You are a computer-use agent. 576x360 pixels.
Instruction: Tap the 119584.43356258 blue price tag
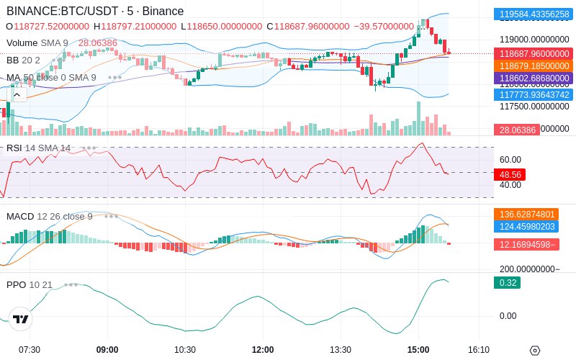(532, 14)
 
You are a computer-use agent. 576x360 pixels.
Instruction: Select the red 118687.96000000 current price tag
(532, 53)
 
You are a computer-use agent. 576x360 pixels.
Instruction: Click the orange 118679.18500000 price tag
(532, 66)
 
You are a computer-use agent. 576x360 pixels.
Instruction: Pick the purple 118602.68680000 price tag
(532, 78)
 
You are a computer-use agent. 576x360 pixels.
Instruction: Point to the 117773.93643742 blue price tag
(532, 94)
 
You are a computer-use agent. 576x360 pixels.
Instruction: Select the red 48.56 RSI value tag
(510, 174)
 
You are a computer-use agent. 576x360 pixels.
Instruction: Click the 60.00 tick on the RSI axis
(510, 160)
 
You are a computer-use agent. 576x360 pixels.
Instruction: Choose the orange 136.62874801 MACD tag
(532, 214)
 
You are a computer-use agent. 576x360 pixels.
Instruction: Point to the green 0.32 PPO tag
(506, 283)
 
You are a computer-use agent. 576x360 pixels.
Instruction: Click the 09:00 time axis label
(107, 349)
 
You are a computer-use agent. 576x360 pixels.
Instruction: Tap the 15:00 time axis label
(418, 349)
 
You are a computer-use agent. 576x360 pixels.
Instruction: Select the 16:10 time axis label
(479, 349)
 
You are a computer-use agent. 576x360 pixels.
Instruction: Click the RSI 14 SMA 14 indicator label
(39, 148)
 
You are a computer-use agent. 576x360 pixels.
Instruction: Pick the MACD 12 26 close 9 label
(50, 216)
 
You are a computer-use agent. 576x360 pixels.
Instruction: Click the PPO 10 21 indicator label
(30, 284)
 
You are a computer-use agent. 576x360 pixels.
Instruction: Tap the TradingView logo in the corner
(21, 319)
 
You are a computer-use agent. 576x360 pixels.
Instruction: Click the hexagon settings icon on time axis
(534, 351)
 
